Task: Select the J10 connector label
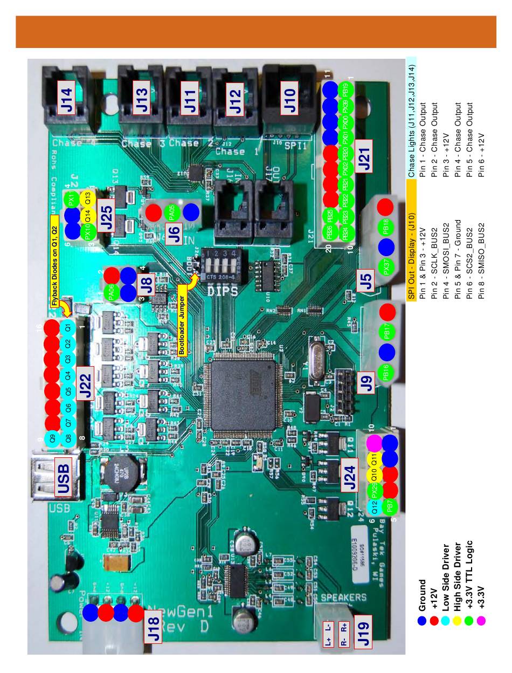pos(290,100)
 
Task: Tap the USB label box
pos(63,479)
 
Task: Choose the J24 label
pos(349,477)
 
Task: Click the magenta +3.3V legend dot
pos(421,621)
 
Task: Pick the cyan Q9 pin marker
pos(52,439)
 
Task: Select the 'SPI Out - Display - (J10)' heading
pos(411,256)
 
